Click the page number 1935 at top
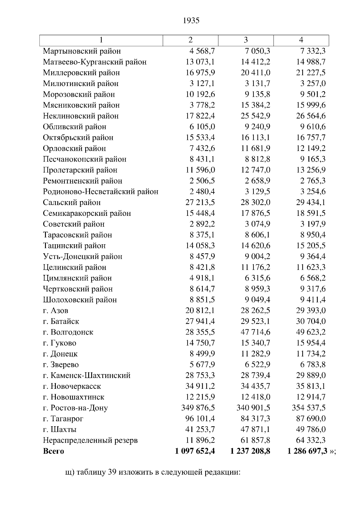191,21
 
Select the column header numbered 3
246,40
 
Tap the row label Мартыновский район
82,51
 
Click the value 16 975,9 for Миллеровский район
200,73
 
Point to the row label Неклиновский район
81,116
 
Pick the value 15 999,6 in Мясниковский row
311,105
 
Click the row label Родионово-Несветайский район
100,192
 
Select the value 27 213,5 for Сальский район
200,202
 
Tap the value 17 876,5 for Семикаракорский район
255,213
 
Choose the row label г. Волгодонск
68,332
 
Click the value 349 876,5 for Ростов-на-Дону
198,408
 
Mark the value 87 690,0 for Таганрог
311,418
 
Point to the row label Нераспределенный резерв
90,440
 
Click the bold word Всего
53,451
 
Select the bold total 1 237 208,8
250,451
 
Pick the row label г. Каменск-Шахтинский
87,375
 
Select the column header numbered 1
101,40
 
